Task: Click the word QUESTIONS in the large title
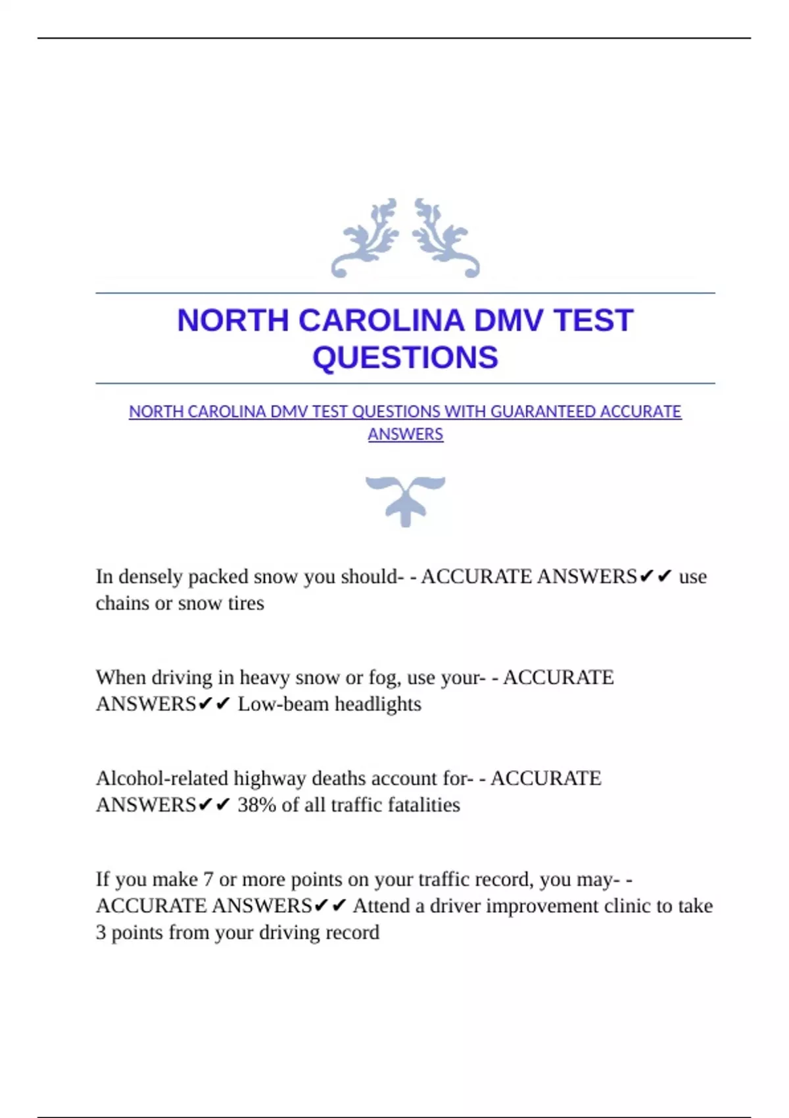pyautogui.click(x=405, y=358)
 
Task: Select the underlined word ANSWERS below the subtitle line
pyautogui.click(x=405, y=435)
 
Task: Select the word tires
pyautogui.click(x=246, y=603)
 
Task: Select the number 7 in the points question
pyautogui.click(x=208, y=879)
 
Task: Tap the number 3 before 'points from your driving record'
pyautogui.click(x=101, y=933)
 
